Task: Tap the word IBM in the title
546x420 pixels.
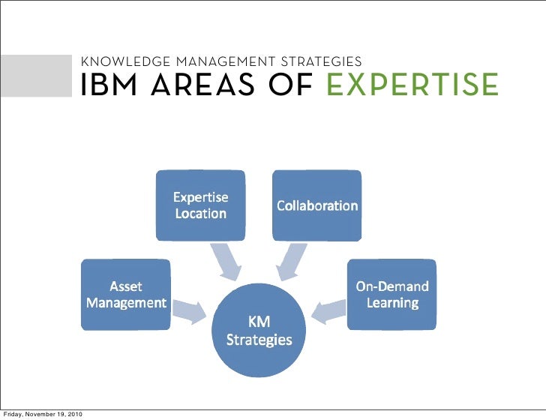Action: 111,85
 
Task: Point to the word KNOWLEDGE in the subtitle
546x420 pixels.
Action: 121,61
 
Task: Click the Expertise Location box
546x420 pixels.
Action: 200,205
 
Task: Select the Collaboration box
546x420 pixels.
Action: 316,205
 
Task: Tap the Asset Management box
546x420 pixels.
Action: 125,294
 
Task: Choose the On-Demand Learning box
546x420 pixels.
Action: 391,294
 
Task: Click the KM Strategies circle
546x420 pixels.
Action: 259,330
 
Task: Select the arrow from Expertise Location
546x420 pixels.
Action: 226,259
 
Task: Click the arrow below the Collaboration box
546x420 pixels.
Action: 292,260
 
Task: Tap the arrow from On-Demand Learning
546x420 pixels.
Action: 328,309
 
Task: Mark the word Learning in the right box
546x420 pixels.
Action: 392,303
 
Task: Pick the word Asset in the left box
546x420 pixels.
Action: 126,286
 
